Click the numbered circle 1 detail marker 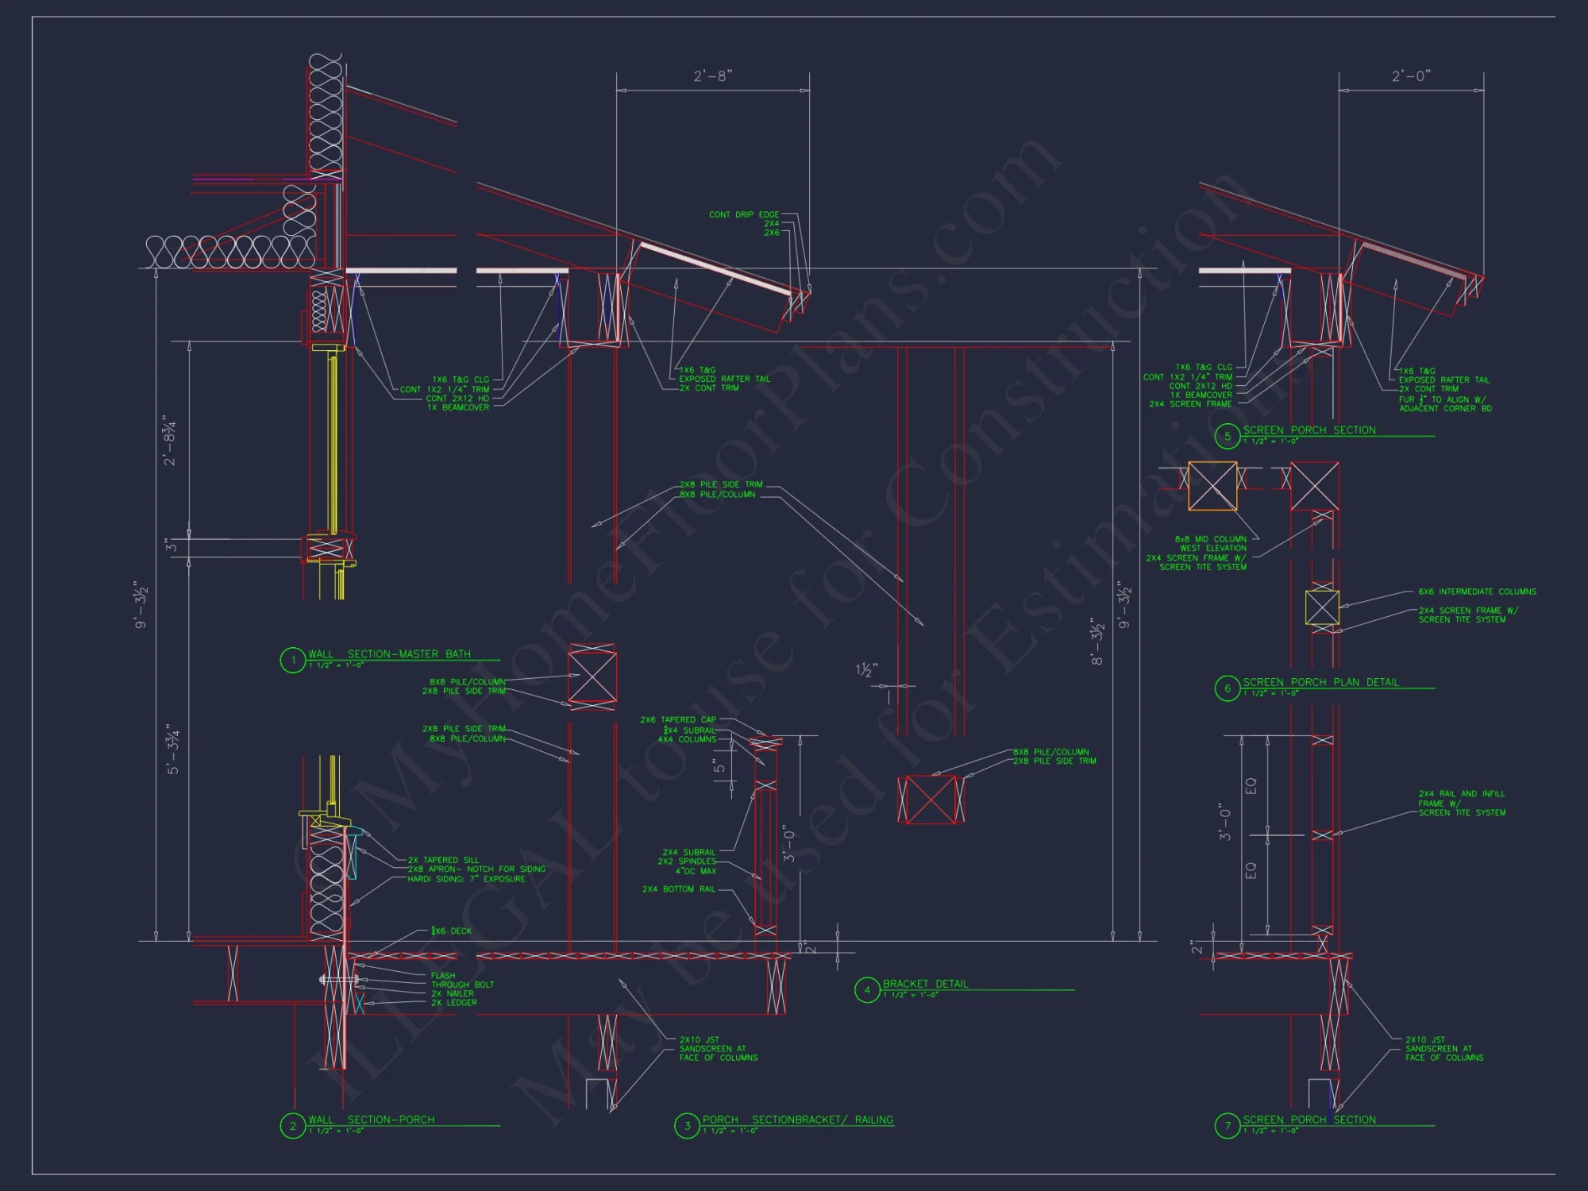tap(293, 660)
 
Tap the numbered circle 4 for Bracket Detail tap(867, 990)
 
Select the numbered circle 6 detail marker tap(1228, 688)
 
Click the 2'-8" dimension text tap(713, 76)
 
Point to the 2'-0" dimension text tap(1411, 76)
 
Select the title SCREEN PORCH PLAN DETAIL tap(1320, 682)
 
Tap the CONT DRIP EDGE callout tap(744, 214)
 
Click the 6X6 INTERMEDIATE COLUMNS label tap(1477, 592)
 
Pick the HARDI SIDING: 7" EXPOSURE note tap(466, 879)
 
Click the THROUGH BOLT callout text tap(462, 985)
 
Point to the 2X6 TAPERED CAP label tap(678, 720)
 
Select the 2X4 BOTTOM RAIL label tap(679, 889)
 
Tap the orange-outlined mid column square tap(1212, 486)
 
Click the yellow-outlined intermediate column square tap(1322, 608)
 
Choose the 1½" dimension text tap(866, 671)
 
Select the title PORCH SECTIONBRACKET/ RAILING tap(797, 1120)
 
